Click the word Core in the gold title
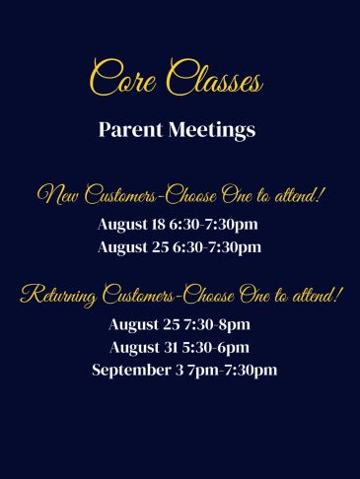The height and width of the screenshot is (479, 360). [123, 78]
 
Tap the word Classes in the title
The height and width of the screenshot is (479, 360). [215, 78]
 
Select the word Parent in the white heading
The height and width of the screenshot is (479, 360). [130, 129]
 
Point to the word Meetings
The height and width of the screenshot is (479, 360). [212, 130]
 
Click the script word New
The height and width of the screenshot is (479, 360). [58, 196]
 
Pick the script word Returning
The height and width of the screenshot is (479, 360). [58, 297]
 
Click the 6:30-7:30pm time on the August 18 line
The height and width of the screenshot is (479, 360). [214, 225]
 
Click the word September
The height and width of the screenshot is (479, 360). [131, 371]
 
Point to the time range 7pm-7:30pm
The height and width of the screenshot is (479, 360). [233, 371]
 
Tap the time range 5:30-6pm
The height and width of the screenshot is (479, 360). [215, 348]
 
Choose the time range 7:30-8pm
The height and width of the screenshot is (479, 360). [217, 325]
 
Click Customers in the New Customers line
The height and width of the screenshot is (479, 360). [120, 195]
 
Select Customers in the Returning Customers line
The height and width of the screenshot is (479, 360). [138, 295]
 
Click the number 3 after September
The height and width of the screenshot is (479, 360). [180, 371]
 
